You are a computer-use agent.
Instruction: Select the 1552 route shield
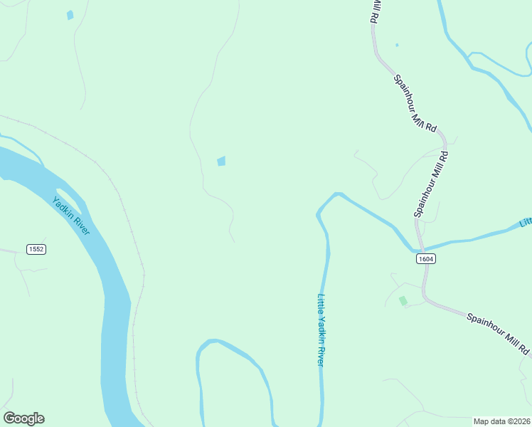pos(36,249)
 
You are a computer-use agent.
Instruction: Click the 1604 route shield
pos(425,259)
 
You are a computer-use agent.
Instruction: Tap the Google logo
pos(23,418)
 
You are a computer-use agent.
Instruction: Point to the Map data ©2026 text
pos(502,421)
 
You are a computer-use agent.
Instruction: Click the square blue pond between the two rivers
pos(221,162)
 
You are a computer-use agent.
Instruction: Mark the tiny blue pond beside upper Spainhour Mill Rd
pos(397,46)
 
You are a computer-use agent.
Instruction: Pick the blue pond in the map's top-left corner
pos(70,15)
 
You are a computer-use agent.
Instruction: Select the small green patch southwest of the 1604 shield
pos(403,301)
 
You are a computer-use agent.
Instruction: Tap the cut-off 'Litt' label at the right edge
pos(526,222)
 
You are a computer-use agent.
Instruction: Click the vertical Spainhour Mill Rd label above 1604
pos(431,184)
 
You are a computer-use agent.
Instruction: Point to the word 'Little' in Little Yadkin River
pos(321,305)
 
